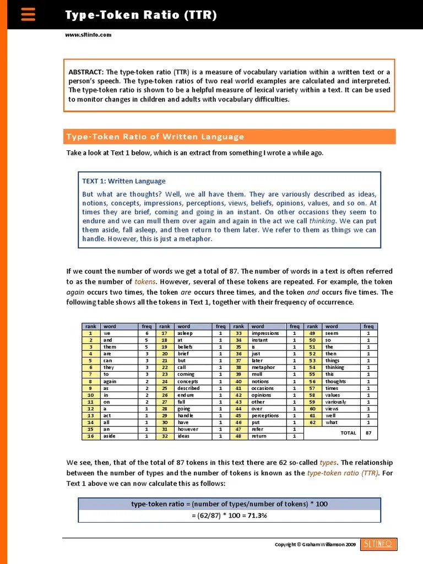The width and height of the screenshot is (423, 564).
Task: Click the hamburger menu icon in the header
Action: pyautogui.click(x=28, y=14)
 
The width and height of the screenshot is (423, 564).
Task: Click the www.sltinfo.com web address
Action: pyautogui.click(x=88, y=35)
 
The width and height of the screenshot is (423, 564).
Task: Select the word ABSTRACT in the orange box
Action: pyautogui.click(x=86, y=72)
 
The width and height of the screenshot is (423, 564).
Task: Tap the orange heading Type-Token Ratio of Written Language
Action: pyautogui.click(x=155, y=137)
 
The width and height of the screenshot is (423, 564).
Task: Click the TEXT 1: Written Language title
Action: pyautogui.click(x=123, y=181)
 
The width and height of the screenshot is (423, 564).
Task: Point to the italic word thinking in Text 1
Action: pyautogui.click(x=322, y=221)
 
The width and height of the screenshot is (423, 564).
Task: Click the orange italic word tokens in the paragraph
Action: pyautogui.click(x=145, y=281)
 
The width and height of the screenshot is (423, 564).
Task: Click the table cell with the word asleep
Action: pyautogui.click(x=192, y=333)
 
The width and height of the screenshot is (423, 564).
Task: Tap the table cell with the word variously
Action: pyautogui.click(x=341, y=402)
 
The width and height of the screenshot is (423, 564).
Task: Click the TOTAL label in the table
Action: pyautogui.click(x=348, y=433)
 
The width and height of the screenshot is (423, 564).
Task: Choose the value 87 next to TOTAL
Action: pyautogui.click(x=368, y=433)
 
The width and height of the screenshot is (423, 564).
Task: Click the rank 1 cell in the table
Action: pyautogui.click(x=90, y=333)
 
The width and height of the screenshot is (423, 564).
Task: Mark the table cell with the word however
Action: pyautogui.click(x=192, y=429)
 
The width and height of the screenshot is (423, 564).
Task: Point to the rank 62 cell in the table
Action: pyautogui.click(x=312, y=422)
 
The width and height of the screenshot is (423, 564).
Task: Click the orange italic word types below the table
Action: pyautogui.click(x=328, y=463)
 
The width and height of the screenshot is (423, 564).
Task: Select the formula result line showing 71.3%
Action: pyautogui.click(x=229, y=516)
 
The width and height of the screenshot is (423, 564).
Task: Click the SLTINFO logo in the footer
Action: pyautogui.click(x=378, y=544)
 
